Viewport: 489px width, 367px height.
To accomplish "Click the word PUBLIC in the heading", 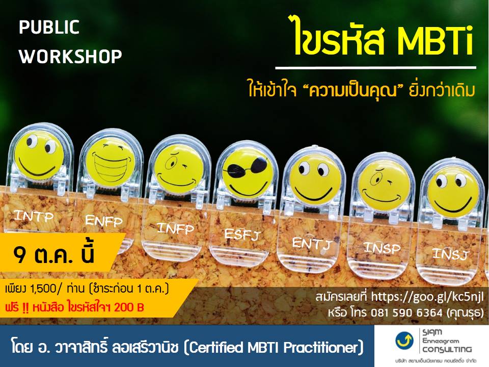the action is tap(49, 27).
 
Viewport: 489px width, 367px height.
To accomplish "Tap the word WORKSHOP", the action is tap(70, 57).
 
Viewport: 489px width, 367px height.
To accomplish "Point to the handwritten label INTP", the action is tap(34, 216).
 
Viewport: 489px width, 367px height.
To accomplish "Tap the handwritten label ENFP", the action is tap(103, 221).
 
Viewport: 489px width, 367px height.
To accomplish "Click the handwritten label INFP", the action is tap(175, 229).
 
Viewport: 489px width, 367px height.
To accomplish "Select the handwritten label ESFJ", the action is tap(242, 234).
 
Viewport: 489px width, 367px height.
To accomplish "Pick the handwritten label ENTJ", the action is tap(312, 244).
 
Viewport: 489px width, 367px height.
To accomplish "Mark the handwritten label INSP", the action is tap(382, 248).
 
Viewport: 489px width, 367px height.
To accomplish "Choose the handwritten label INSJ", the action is tap(451, 254).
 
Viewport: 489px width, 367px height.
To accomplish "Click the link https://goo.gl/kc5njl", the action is tap(427, 297).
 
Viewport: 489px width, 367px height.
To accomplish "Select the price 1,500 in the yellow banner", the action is tap(43, 289).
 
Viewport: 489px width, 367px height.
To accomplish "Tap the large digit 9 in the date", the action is tap(20, 255).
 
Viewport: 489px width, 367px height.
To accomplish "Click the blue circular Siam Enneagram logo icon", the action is tap(404, 340).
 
